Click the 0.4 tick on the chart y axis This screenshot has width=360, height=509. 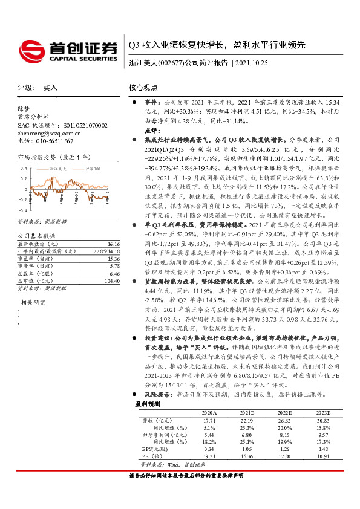click(x=24, y=168)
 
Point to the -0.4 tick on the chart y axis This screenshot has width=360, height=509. click(x=22, y=193)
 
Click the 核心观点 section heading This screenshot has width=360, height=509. click(x=144, y=88)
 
